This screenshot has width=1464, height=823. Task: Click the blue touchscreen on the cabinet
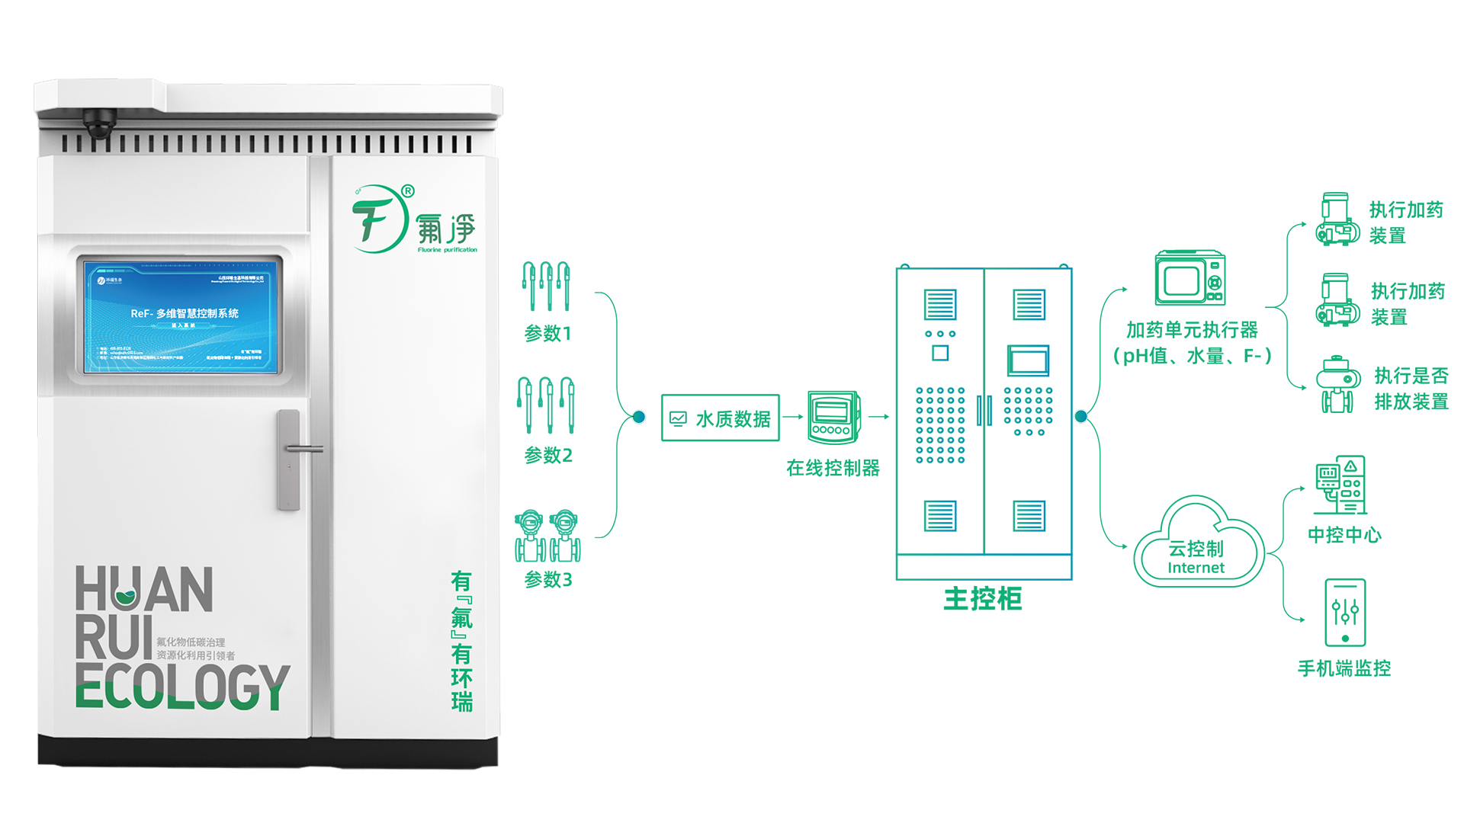pyautogui.click(x=181, y=317)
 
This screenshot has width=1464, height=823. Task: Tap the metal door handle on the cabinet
pyautogui.click(x=290, y=459)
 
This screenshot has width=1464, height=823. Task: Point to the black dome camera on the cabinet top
pyautogui.click(x=100, y=124)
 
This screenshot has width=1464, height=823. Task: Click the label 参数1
pyautogui.click(x=547, y=334)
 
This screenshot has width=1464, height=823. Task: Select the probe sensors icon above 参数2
pyautogui.click(x=546, y=405)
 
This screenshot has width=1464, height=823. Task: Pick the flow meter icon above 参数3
pyautogui.click(x=547, y=536)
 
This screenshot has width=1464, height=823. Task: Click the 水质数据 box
pyautogui.click(x=721, y=418)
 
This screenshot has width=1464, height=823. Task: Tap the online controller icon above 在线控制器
pyautogui.click(x=833, y=417)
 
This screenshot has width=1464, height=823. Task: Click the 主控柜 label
pyautogui.click(x=983, y=599)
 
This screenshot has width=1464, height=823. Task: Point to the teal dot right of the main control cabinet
pyautogui.click(x=1080, y=416)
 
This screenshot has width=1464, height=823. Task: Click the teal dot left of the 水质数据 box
pyautogui.click(x=639, y=417)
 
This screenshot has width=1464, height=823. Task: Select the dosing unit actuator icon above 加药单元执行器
pyautogui.click(x=1189, y=278)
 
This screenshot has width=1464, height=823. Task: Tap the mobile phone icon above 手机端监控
pyautogui.click(x=1344, y=613)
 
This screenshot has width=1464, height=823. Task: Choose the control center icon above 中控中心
pyautogui.click(x=1341, y=485)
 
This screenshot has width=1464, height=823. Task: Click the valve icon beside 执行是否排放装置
pyautogui.click(x=1338, y=384)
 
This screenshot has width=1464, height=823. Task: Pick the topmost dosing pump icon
pyautogui.click(x=1337, y=219)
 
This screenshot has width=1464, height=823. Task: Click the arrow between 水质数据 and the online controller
pyautogui.click(x=793, y=417)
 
